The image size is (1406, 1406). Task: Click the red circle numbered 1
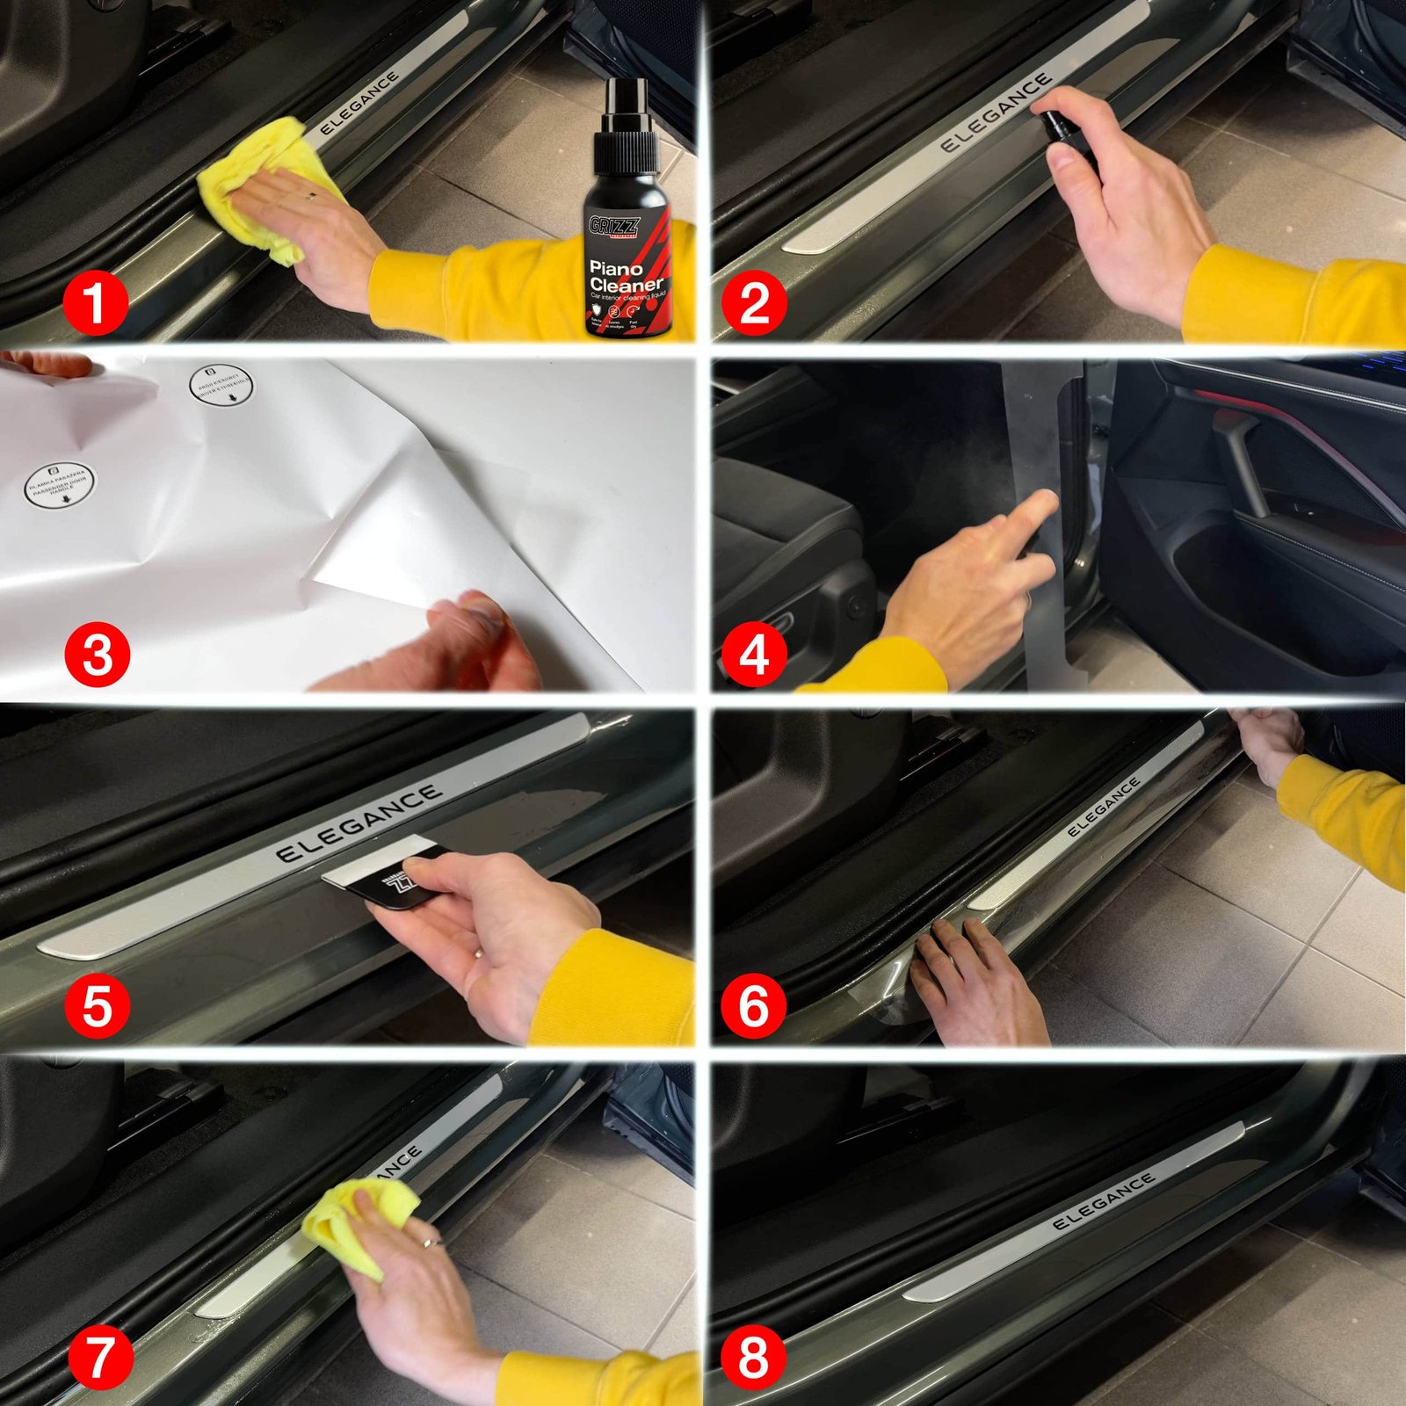coord(96,303)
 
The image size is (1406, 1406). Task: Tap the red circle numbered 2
coord(754,303)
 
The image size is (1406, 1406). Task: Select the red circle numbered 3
coord(97,655)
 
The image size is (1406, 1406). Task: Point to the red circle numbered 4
coord(754,655)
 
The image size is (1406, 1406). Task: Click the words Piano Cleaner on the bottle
coord(625,276)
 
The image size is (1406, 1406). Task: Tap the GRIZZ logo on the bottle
coord(614,227)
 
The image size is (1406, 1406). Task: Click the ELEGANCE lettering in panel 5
coord(359,823)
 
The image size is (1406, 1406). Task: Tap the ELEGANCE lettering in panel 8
coord(1103,1201)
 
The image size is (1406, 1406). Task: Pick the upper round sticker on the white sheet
coord(221,386)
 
